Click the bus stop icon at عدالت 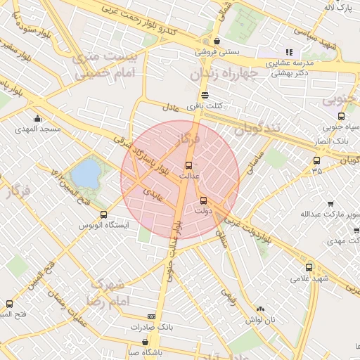point(197,165)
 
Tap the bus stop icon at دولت point(204,200)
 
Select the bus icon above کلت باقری point(205,95)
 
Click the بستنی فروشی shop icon point(217,41)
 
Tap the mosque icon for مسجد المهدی point(37,118)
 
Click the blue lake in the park point(86,172)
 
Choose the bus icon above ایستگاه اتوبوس point(104,214)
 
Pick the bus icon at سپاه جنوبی point(341,117)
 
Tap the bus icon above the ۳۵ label point(316,160)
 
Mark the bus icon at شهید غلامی point(309,267)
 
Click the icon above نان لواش point(261,309)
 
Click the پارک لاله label point(337,8)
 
